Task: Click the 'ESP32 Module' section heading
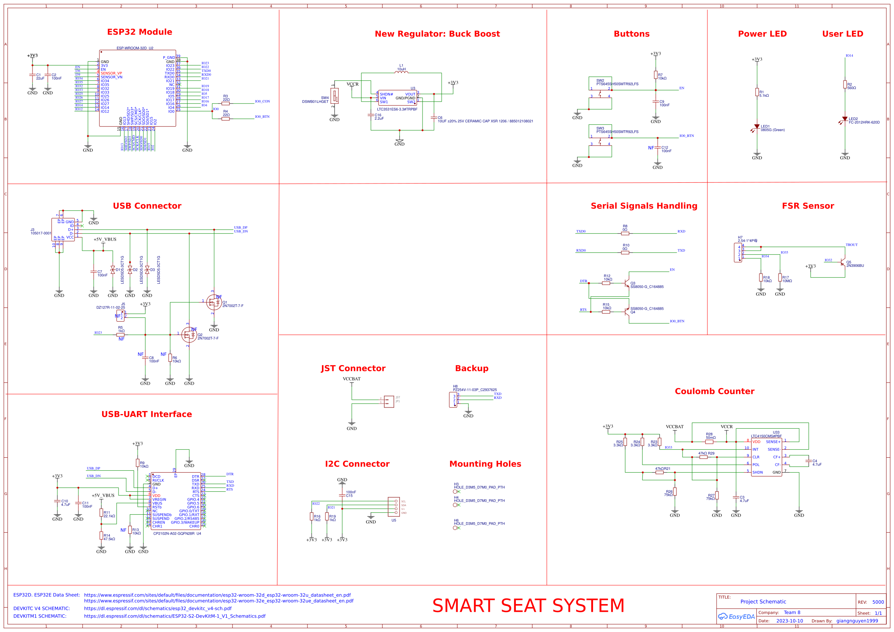tap(140, 32)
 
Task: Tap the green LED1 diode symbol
tap(757, 127)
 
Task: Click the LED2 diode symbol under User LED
tap(845, 119)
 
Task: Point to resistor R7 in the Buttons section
tap(656, 75)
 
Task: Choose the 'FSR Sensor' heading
tap(808, 206)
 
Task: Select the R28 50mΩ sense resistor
tap(709, 442)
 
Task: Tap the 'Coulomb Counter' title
tap(715, 392)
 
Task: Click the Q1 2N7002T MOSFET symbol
tap(213, 302)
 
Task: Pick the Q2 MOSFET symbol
tap(189, 335)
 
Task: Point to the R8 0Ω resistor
tap(625, 234)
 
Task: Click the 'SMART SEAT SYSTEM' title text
tap(528, 606)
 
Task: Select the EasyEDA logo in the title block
tap(736, 617)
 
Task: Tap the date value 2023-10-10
tap(789, 621)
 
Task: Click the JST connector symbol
tap(388, 401)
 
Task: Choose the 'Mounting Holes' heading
tap(485, 464)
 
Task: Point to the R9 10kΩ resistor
tap(137, 463)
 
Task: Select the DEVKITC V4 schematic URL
tap(158, 609)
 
